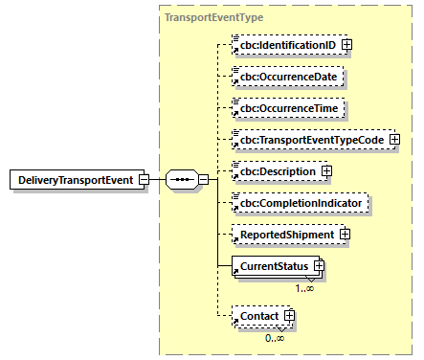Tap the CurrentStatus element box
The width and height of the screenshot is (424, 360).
(272, 266)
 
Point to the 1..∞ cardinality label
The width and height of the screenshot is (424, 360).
(305, 287)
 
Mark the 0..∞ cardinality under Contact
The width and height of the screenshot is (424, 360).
(275, 336)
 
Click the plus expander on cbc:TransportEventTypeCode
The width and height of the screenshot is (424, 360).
(393, 141)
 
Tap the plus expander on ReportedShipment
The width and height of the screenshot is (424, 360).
(345, 235)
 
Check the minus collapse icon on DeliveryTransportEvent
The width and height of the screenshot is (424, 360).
(143, 180)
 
